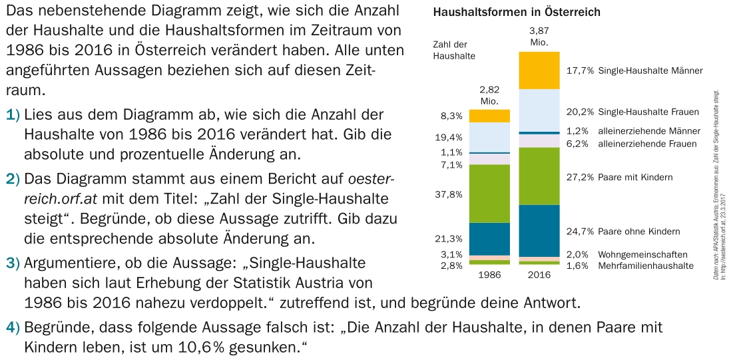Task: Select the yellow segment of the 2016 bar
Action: pos(539,70)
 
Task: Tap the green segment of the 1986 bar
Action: pos(489,193)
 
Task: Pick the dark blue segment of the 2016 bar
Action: pos(539,230)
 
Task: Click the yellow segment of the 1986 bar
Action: pos(489,116)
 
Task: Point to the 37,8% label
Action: pos(452,194)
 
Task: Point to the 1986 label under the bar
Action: pos(489,274)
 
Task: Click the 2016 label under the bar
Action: pos(539,274)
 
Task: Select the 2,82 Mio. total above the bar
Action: pos(489,94)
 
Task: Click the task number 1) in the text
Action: pos(13,115)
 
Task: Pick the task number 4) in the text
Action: pos(13,327)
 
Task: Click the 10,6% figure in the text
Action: pos(215,347)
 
